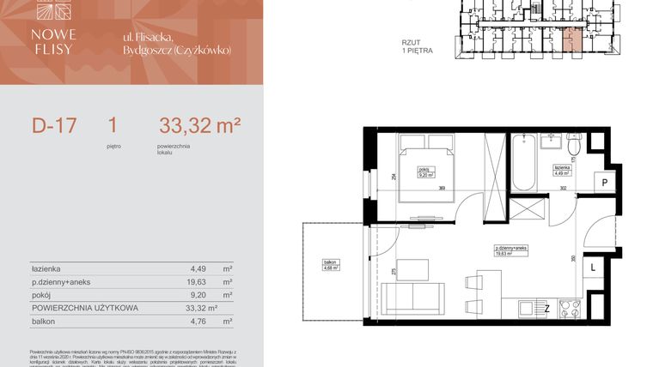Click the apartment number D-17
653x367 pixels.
click(x=54, y=126)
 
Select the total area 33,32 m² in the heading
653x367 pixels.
click(x=199, y=126)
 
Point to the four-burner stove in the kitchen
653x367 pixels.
click(x=570, y=307)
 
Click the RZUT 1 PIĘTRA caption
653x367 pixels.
click(x=417, y=46)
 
